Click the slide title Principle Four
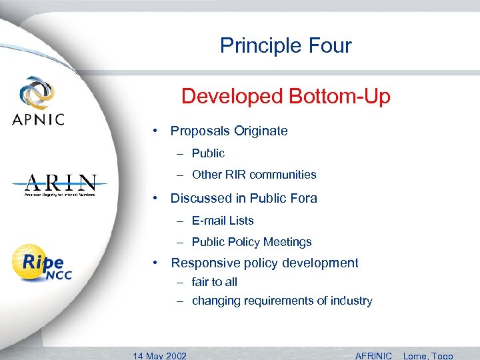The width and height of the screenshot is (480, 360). (x=285, y=45)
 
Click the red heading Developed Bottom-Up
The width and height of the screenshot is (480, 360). (x=285, y=97)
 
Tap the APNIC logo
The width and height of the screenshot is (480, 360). (x=38, y=101)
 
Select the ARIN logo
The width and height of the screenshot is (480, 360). (x=61, y=185)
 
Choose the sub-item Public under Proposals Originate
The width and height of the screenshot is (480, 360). (x=208, y=153)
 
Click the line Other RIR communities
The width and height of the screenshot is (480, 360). (x=254, y=175)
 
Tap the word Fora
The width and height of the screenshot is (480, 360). (x=303, y=198)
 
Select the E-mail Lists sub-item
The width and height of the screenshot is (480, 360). (x=223, y=221)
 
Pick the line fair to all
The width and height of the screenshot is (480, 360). (x=214, y=282)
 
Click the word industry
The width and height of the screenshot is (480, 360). (x=351, y=301)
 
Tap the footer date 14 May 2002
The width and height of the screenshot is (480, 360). (x=160, y=355)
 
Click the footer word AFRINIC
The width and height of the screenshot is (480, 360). (x=374, y=355)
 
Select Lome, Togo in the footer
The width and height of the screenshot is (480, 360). (x=428, y=355)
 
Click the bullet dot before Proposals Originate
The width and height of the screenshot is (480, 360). (x=154, y=131)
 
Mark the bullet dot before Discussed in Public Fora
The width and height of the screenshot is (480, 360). (x=154, y=198)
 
